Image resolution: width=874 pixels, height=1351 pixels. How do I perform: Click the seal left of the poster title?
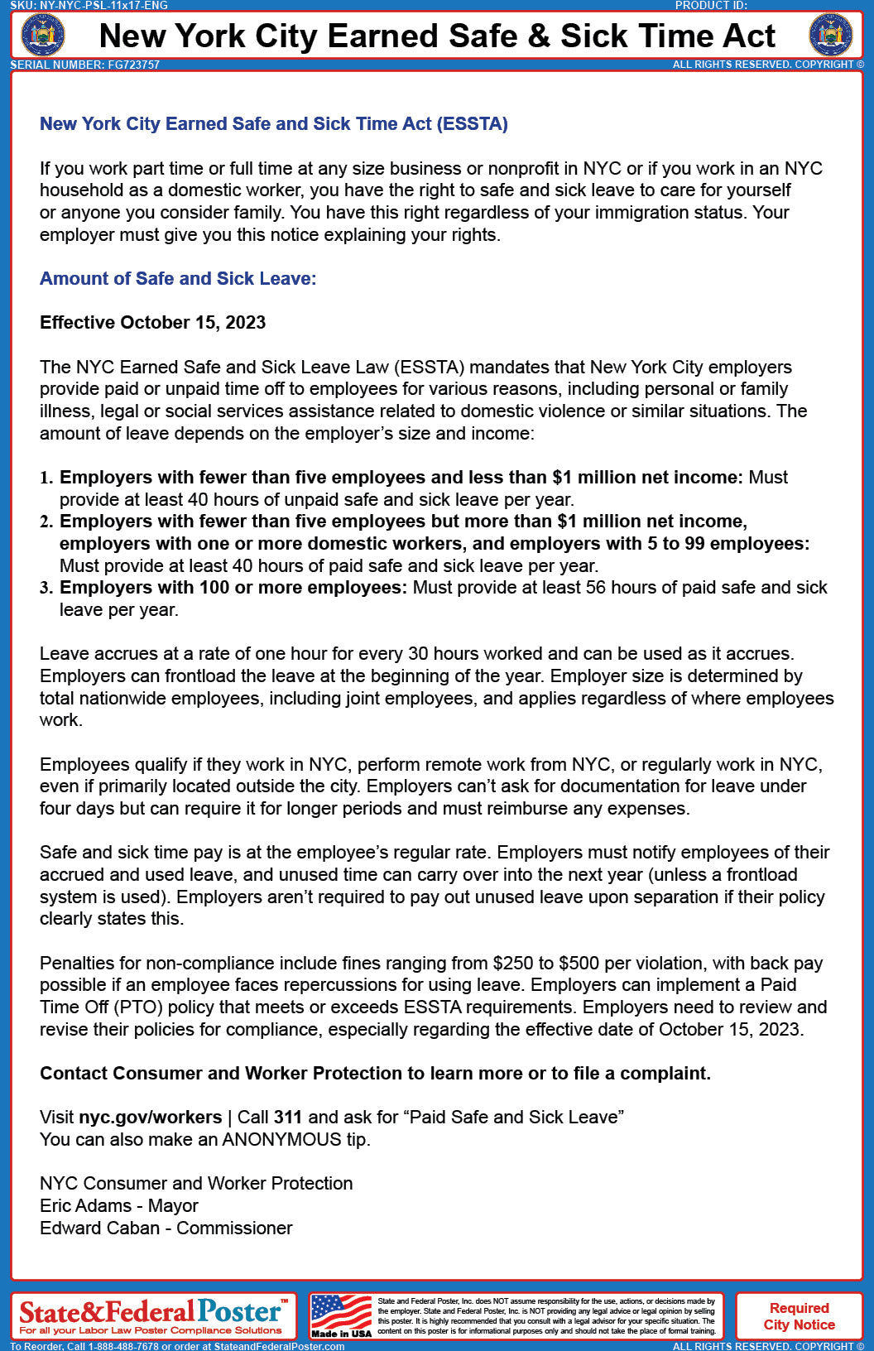pos(42,35)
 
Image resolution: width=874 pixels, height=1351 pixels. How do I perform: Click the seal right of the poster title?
pos(830,35)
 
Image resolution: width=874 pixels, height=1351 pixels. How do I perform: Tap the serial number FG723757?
pos(133,65)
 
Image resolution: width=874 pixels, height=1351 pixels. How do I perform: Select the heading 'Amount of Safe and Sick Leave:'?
pos(178,279)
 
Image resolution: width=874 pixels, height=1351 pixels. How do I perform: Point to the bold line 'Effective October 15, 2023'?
pos(153,323)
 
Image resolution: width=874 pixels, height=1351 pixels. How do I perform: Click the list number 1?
pos(46,478)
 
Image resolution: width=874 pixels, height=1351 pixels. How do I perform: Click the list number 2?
pos(46,522)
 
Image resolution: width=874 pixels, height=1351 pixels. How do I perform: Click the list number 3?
pos(46,589)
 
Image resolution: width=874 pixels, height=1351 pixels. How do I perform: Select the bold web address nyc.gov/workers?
pos(151,1118)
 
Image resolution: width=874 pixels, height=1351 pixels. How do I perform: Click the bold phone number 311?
pos(288,1118)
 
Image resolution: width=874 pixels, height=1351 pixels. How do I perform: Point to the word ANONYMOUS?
pos(281,1140)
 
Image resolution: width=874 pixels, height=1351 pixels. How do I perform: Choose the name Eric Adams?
pos(85,1206)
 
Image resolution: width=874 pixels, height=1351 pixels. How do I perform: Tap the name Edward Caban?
pos(99,1228)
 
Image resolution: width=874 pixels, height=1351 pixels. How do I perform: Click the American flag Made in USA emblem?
pos(341,1315)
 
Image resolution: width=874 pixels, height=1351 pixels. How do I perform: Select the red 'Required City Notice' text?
pos(800,1316)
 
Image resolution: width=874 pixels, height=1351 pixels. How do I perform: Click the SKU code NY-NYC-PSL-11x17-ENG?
pos(103,5)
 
